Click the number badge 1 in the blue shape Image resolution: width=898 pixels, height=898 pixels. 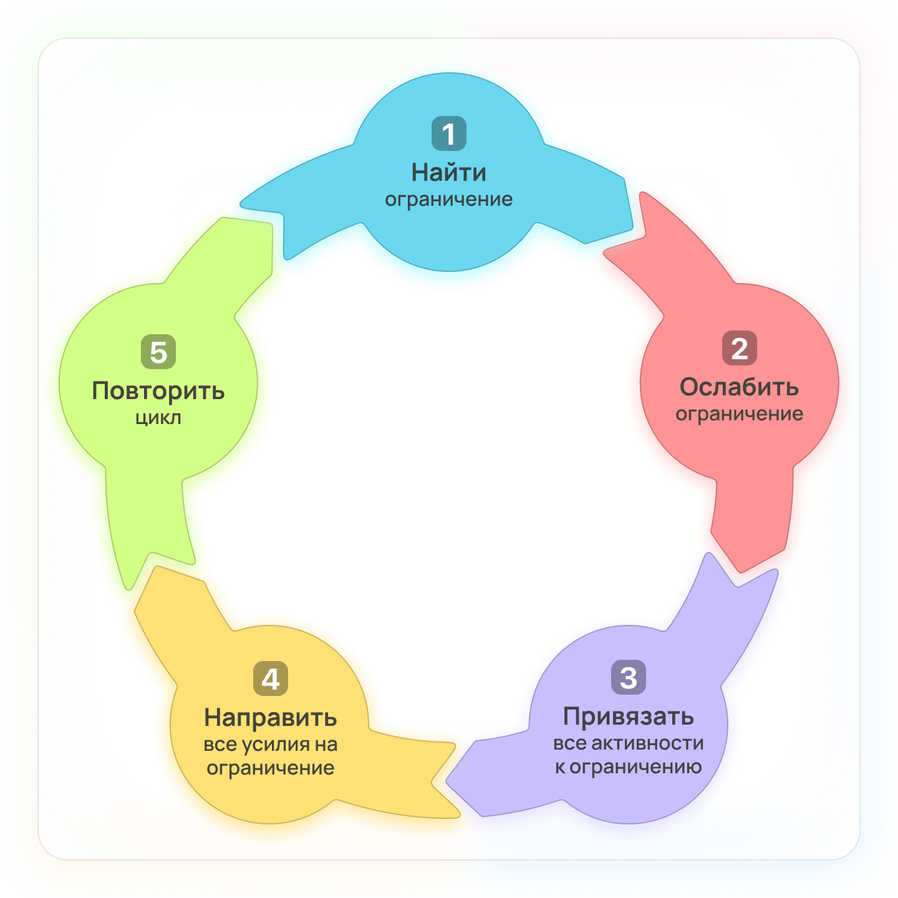pyautogui.click(x=448, y=133)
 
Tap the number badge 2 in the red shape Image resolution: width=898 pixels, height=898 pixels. pyautogui.click(x=739, y=348)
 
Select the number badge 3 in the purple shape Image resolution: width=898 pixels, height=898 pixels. pyautogui.click(x=628, y=677)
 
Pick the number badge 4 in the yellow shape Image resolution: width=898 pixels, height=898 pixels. pyautogui.click(x=270, y=678)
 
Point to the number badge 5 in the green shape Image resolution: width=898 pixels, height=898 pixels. pyautogui.click(x=158, y=352)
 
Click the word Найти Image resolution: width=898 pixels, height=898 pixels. pyautogui.click(x=448, y=172)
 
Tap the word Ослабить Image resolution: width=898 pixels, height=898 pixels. pyautogui.click(x=739, y=387)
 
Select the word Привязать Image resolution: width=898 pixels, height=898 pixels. pyautogui.click(x=628, y=717)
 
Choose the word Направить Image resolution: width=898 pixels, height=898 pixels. pyautogui.click(x=270, y=718)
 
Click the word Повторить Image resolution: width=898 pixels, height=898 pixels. pyautogui.click(x=158, y=391)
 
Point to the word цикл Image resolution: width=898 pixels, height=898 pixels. pyautogui.click(x=158, y=417)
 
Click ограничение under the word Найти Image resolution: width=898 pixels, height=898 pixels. pyautogui.click(x=448, y=200)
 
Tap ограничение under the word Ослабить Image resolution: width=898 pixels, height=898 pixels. pyautogui.click(x=739, y=414)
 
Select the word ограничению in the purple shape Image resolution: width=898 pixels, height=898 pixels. pyautogui.click(x=635, y=767)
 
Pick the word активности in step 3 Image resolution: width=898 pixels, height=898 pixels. pyautogui.click(x=647, y=743)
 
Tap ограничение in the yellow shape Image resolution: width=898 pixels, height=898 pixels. pyautogui.click(x=270, y=768)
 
